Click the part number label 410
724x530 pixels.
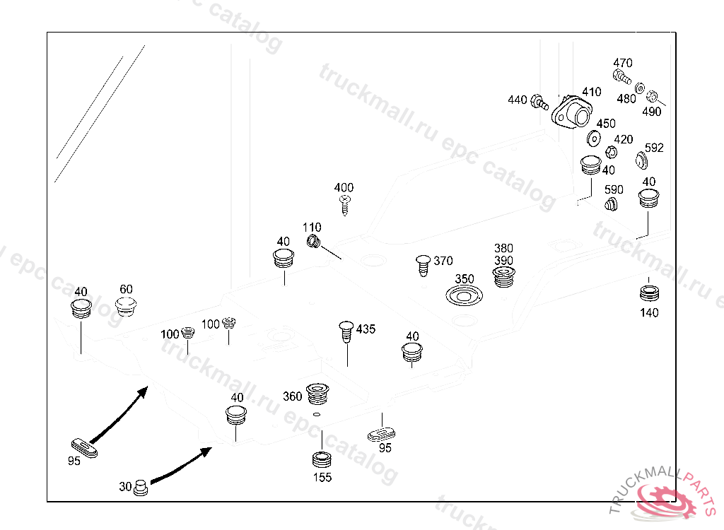[592, 92]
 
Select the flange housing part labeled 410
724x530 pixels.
[573, 113]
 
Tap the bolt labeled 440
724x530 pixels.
[539, 101]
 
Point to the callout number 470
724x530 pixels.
[623, 63]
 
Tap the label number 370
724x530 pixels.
[443, 261]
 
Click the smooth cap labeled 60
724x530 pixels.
[126, 306]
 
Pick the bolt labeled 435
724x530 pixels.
[346, 331]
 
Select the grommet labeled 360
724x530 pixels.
[317, 392]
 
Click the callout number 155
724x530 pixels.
[322, 478]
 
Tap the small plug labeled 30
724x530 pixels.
[141, 487]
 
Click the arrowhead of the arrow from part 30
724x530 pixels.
[208, 449]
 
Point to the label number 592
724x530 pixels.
[655, 148]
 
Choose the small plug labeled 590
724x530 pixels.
[612, 205]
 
